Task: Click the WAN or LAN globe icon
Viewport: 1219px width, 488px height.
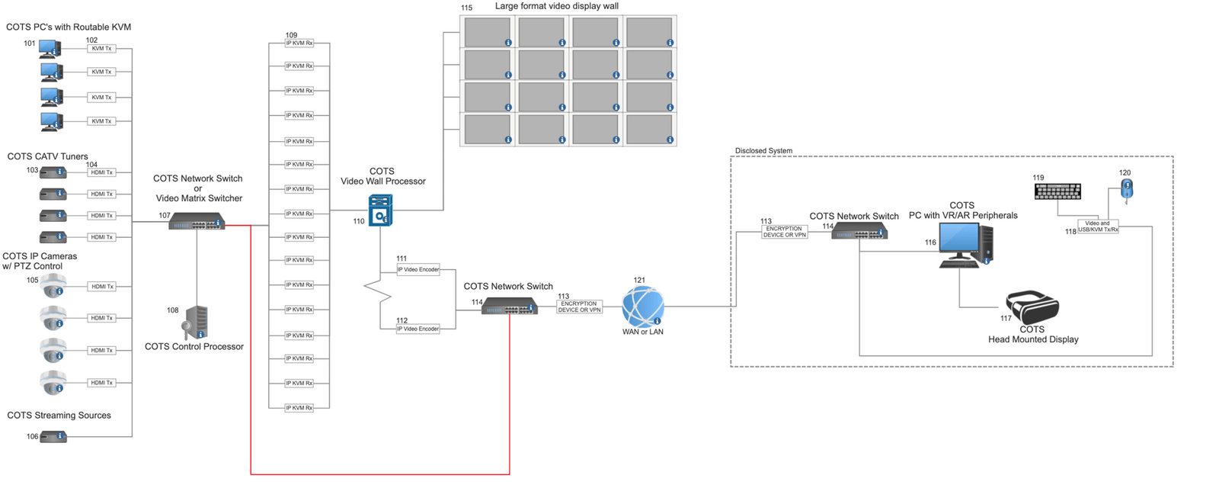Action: [642, 307]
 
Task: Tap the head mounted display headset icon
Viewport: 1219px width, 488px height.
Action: [1032, 307]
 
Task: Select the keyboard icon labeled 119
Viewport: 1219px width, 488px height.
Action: [1057, 191]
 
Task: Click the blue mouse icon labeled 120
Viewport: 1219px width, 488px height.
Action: [1127, 188]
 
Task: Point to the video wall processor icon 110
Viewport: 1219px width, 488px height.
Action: [380, 210]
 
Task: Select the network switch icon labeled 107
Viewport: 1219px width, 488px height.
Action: [197, 222]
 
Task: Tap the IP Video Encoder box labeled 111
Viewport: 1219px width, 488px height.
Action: [418, 269]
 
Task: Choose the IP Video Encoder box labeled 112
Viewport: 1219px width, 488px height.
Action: [418, 329]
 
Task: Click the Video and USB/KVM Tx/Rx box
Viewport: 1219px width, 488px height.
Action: [1097, 226]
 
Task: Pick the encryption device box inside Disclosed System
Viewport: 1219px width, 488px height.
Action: [784, 232]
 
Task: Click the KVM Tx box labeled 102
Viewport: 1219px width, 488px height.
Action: [101, 49]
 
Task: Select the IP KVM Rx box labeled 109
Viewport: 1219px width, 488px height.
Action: [299, 43]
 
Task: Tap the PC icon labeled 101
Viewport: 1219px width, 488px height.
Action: [50, 49]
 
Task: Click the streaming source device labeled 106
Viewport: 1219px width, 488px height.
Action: [53, 437]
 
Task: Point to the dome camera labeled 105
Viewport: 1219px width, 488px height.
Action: [53, 286]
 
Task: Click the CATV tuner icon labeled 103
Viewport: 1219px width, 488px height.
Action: [53, 172]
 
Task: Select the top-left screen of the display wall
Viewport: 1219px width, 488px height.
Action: [488, 32]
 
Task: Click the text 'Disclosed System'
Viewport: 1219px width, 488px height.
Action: [763, 151]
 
